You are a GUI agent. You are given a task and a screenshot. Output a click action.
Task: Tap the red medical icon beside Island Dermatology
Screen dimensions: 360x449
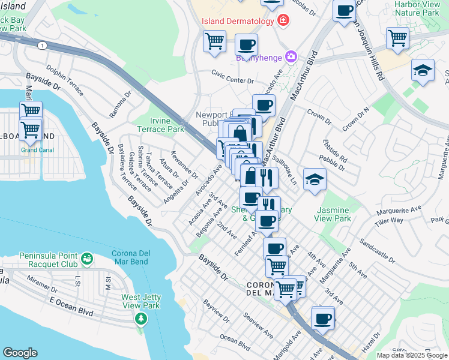283,21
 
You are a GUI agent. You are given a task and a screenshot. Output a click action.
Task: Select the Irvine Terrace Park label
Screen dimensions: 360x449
160,124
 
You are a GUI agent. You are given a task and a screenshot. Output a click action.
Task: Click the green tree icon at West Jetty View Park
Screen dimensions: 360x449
141,317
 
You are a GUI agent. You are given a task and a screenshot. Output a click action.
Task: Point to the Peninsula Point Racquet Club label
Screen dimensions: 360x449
48,259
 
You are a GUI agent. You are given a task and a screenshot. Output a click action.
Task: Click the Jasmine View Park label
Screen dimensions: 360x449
333,214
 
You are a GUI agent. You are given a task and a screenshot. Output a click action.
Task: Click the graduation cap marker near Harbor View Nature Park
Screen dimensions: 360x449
423,70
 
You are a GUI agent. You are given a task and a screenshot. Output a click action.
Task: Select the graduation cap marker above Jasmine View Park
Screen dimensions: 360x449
315,179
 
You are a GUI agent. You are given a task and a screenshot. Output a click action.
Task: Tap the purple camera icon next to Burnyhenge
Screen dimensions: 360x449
292,56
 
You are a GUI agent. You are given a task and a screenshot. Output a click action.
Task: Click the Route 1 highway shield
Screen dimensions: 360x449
42,46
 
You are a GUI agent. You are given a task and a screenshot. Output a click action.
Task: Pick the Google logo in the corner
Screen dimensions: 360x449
20,353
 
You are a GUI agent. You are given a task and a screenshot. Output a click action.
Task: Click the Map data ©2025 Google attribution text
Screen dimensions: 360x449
412,355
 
